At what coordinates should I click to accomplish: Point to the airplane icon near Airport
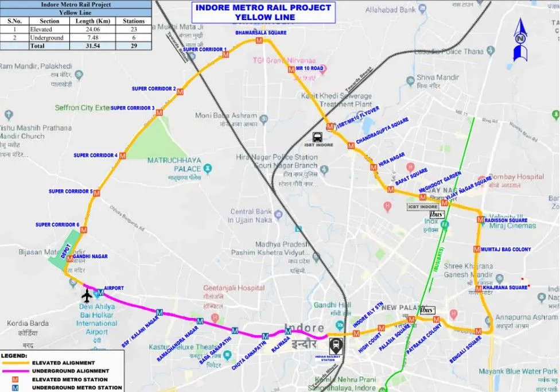(x=87, y=296)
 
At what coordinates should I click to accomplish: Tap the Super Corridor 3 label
(x=133, y=108)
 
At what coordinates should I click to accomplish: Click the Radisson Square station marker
(x=480, y=220)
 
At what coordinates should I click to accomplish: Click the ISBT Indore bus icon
(x=317, y=137)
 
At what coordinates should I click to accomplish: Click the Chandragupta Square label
(x=382, y=131)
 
